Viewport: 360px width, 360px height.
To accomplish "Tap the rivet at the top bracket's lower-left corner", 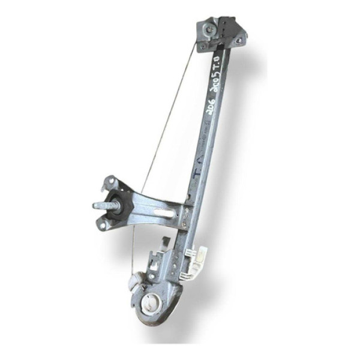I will [x=203, y=46].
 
